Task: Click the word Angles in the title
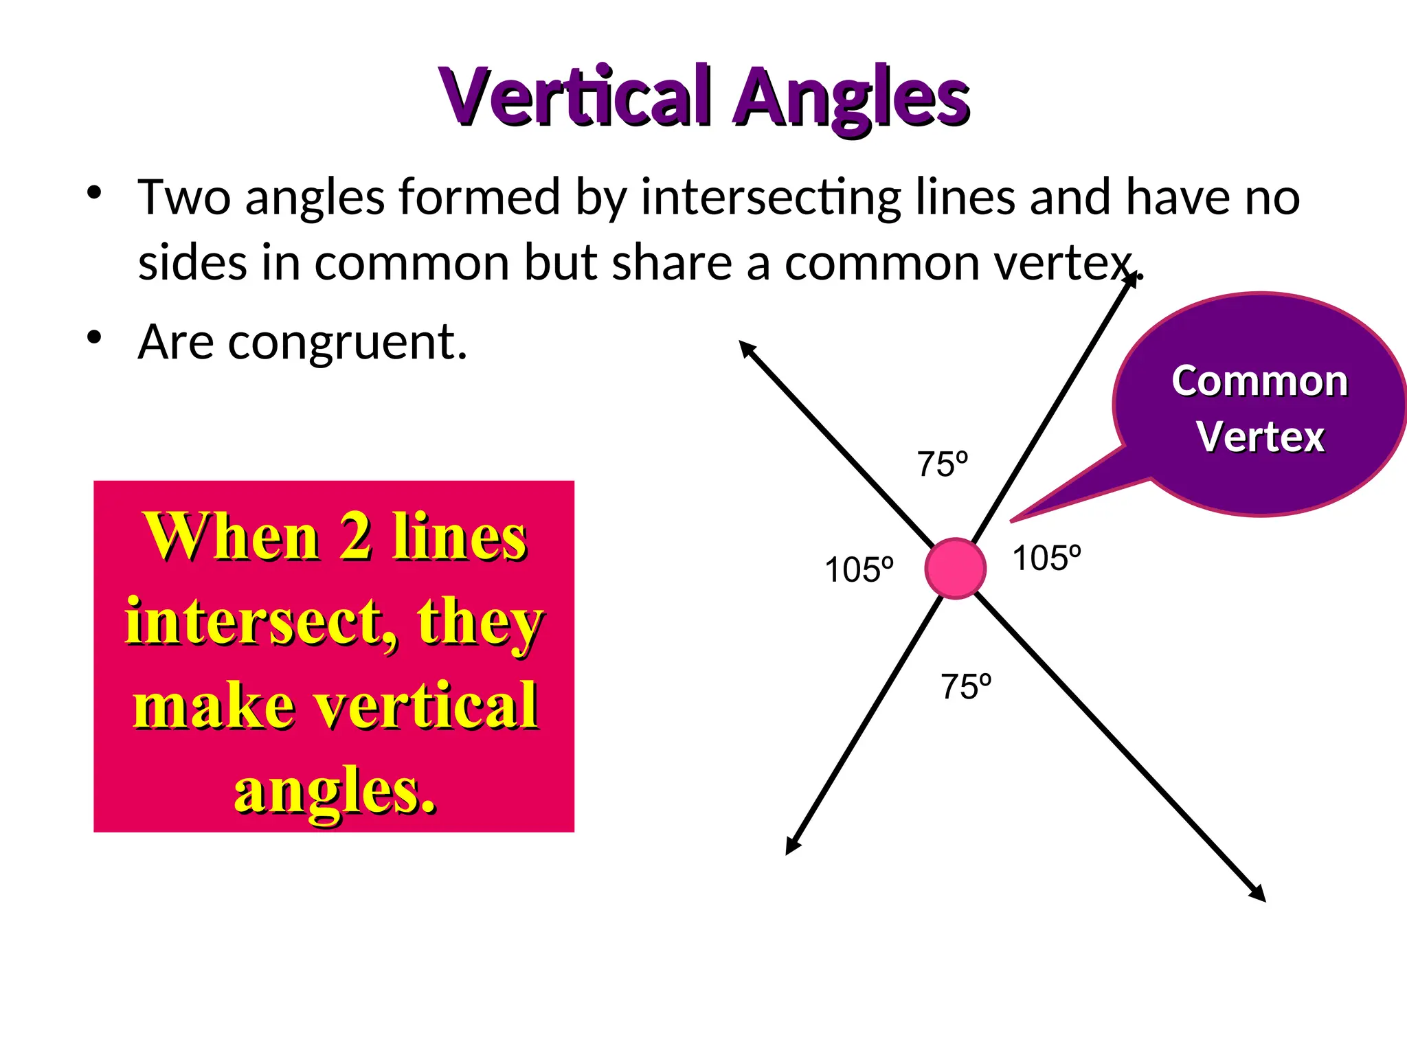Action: [x=852, y=98]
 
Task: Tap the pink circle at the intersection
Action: [x=955, y=569]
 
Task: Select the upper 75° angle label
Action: [x=942, y=465]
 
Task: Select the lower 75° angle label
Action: [x=965, y=687]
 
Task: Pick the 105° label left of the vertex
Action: [x=859, y=570]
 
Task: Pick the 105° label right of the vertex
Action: [x=1046, y=558]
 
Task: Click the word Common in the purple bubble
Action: [x=1259, y=381]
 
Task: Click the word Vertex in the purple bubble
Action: [x=1260, y=437]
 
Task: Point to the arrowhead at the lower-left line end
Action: [x=792, y=847]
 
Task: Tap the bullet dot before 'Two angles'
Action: [x=94, y=192]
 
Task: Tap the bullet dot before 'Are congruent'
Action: [x=94, y=338]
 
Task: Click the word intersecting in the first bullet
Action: [x=770, y=198]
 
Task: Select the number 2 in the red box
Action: [x=356, y=537]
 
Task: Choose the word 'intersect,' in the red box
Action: [x=261, y=622]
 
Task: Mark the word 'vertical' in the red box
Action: [x=425, y=705]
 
